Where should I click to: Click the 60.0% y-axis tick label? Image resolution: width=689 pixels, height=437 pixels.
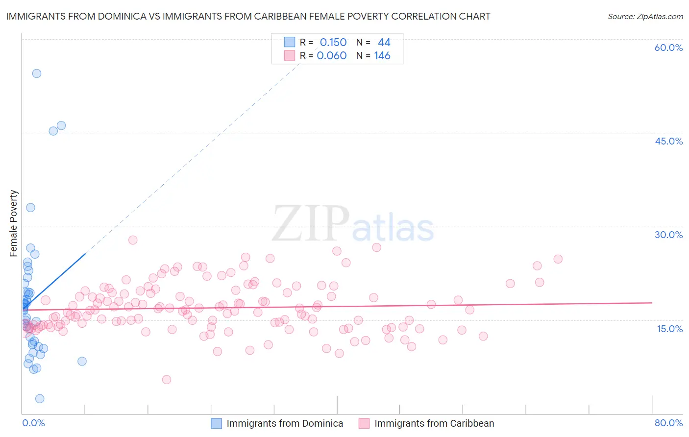pyautogui.click(x=668, y=48)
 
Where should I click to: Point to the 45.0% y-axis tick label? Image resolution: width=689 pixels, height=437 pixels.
pyautogui.click(x=668, y=141)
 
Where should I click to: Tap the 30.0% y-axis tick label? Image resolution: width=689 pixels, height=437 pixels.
pyautogui.click(x=668, y=235)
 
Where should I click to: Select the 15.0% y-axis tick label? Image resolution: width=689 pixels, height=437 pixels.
pyautogui.click(x=669, y=329)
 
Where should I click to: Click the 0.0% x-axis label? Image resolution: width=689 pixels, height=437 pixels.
pyautogui.click(x=33, y=423)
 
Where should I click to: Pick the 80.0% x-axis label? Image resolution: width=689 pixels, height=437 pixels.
pyautogui.click(x=668, y=423)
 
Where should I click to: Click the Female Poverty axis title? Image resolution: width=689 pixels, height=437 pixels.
pyautogui.click(x=14, y=223)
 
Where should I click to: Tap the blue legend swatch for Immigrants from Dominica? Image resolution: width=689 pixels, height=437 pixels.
pyautogui.click(x=217, y=423)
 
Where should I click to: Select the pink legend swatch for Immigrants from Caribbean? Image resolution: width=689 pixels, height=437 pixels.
pyautogui.click(x=364, y=423)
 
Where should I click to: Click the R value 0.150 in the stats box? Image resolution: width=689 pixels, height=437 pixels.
pyautogui.click(x=333, y=42)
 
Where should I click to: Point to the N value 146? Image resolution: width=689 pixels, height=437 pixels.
pyautogui.click(x=382, y=55)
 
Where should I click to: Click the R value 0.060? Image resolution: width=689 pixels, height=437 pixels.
pyautogui.click(x=332, y=55)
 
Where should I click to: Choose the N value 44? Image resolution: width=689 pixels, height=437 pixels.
pyautogui.click(x=384, y=42)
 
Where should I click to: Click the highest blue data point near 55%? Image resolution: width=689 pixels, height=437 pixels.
pyautogui.click(x=37, y=73)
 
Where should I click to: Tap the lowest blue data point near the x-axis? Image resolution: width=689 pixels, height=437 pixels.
pyautogui.click(x=40, y=399)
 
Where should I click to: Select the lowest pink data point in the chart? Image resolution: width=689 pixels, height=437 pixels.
pyautogui.click(x=167, y=380)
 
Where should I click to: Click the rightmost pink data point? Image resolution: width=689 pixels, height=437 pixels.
pyautogui.click(x=558, y=259)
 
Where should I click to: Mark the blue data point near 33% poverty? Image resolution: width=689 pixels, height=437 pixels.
pyautogui.click(x=30, y=208)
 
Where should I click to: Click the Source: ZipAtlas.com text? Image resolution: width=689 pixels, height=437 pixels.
pyautogui.click(x=645, y=17)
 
